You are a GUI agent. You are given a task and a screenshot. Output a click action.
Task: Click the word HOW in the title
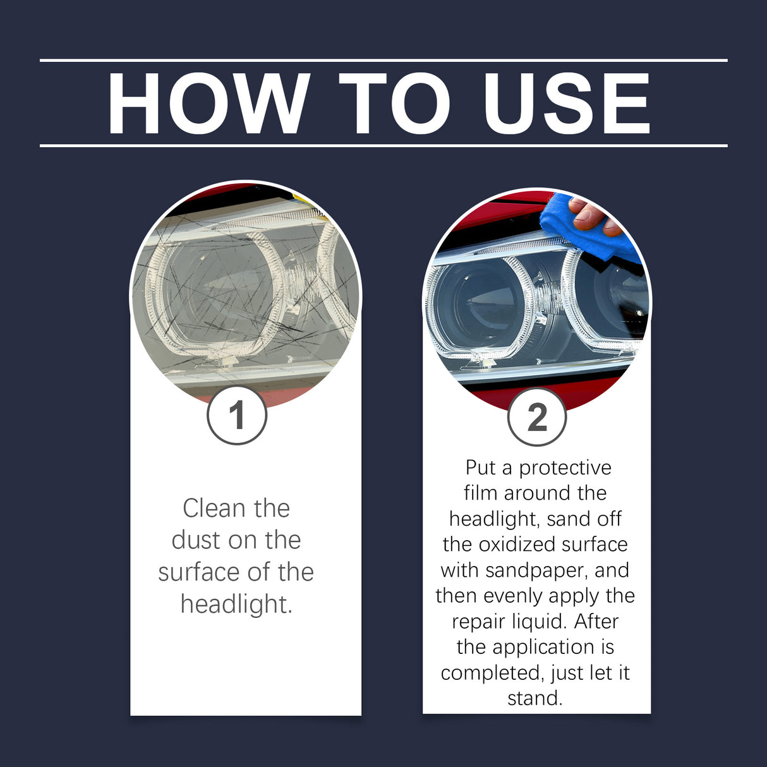pos(208,104)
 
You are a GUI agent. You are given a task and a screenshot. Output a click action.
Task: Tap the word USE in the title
pos(567,104)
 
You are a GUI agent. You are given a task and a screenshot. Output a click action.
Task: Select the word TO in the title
pos(394,104)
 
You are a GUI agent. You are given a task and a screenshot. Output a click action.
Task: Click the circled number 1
pos(237,415)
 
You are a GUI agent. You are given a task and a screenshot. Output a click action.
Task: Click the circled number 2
pos(537,417)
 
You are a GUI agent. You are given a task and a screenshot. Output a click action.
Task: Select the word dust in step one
pos(195,540)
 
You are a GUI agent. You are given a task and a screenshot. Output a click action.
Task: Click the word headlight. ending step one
pos(236,605)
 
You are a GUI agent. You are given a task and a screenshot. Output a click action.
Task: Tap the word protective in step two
pos(565,468)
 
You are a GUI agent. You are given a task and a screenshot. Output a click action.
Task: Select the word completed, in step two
pos(493,673)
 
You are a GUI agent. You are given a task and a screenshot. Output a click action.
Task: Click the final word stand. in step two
pos(535,699)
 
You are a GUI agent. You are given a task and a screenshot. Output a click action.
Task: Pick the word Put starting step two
pos(480,468)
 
